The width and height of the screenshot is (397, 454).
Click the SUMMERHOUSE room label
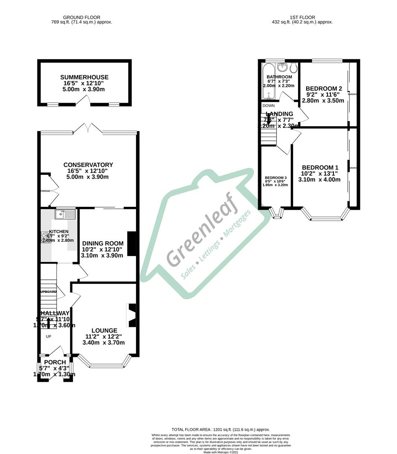pyautogui.click(x=84, y=77)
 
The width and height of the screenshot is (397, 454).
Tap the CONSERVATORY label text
pyautogui.click(x=88, y=165)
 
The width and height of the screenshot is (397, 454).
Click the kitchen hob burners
pyautogui.click(x=44, y=238)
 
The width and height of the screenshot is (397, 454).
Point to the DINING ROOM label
pyautogui.click(x=103, y=243)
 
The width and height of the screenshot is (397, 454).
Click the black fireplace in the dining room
pyautogui.click(x=132, y=243)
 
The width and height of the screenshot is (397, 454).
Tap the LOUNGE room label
pyautogui.click(x=104, y=330)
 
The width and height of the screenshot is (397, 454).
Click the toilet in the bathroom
pyautogui.click(x=294, y=68)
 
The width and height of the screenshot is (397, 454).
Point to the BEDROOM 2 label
pyautogui.click(x=323, y=89)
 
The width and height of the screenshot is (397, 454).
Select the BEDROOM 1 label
pyautogui.click(x=320, y=167)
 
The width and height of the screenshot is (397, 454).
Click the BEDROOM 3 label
pyautogui.click(x=276, y=178)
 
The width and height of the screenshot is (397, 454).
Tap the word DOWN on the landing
pyautogui.click(x=269, y=106)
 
